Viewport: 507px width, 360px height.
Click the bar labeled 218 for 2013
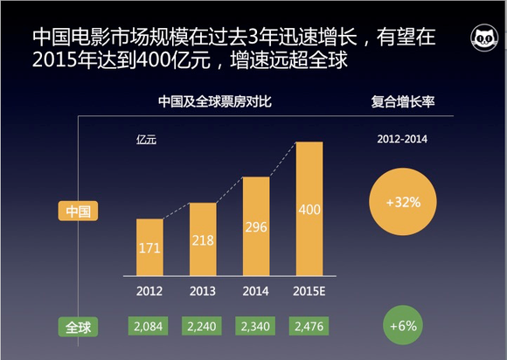(203, 238)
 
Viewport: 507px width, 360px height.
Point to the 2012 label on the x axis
(149, 288)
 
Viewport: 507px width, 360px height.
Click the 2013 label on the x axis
(203, 288)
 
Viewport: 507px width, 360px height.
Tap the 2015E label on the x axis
(309, 288)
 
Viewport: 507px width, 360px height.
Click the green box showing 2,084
(149, 326)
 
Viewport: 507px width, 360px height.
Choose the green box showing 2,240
(203, 326)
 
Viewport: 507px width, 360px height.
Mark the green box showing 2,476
(309, 326)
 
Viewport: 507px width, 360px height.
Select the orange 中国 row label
(80, 211)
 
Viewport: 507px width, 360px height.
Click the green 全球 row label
(80, 327)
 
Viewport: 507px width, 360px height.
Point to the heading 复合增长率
(403, 102)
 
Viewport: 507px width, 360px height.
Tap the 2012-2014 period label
(403, 138)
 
